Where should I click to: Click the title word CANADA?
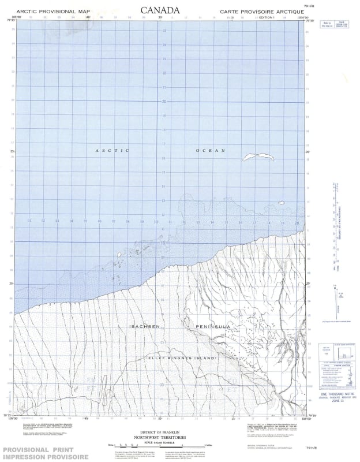point(160,10)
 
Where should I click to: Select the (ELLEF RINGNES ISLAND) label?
point(180,359)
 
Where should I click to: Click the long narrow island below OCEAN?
point(257,157)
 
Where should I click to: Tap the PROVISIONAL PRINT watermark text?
point(44,450)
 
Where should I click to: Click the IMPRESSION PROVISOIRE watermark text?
point(46,457)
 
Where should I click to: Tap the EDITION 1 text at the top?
point(267,17)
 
